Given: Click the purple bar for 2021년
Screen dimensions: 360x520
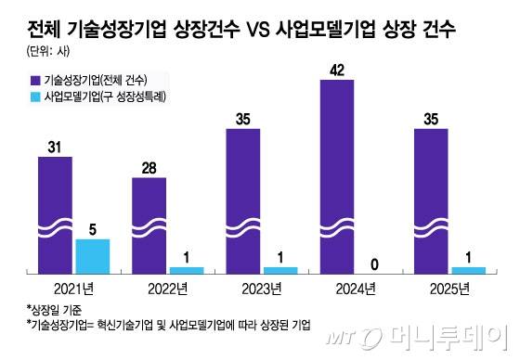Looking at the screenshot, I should (x=55, y=214).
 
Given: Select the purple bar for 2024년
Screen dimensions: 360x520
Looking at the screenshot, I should (x=337, y=176).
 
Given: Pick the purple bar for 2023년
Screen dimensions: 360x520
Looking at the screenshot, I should (x=243, y=200).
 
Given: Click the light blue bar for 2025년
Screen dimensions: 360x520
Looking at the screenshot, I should (x=469, y=270).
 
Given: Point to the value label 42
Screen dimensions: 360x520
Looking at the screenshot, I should (x=337, y=68).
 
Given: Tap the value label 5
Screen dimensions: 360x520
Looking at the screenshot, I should (x=92, y=227).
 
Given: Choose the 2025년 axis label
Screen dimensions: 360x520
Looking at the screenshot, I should (x=450, y=288).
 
